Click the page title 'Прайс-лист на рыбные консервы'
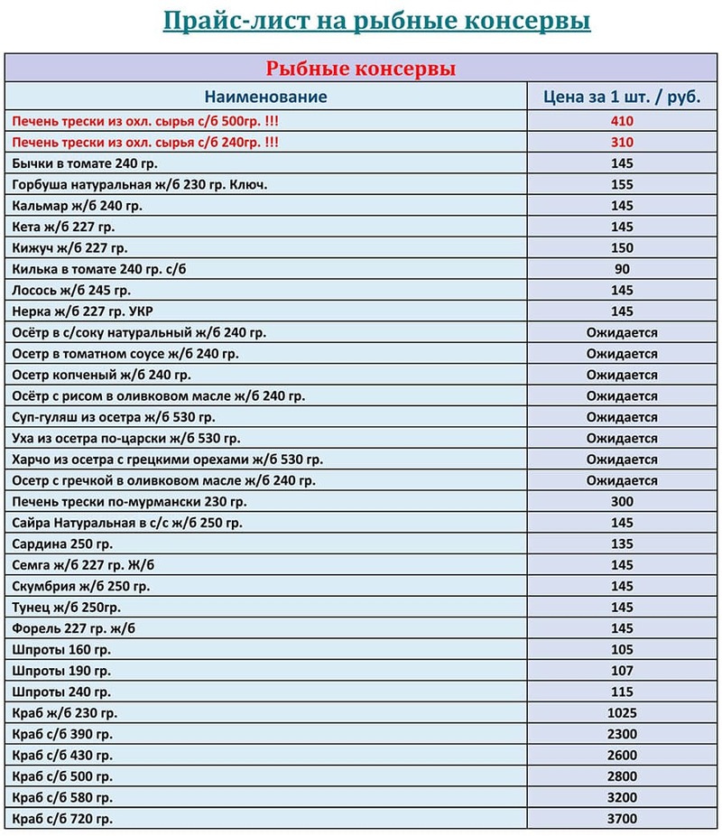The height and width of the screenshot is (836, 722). click(376, 20)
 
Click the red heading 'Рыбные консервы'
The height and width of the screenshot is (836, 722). click(360, 69)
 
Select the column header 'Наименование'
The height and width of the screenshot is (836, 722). click(265, 97)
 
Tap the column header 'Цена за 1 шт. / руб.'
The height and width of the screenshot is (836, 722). click(622, 97)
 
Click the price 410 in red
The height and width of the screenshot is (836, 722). click(622, 121)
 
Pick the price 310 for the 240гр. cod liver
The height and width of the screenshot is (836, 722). click(622, 142)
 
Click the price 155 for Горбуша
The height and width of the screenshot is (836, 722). click(622, 184)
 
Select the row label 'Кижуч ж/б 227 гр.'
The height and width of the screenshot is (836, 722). click(70, 247)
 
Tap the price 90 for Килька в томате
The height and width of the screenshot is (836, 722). click(622, 269)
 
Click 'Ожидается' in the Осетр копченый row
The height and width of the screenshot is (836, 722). click(622, 375)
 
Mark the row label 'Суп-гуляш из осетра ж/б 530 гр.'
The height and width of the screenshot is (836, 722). click(114, 417)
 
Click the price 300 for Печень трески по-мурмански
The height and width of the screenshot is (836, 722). click(622, 501)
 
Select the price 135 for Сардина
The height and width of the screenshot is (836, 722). click(622, 543)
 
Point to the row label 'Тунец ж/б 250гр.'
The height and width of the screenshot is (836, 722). click(67, 607)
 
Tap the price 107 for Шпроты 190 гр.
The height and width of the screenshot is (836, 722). click(622, 671)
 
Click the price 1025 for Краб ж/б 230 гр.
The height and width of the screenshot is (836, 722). click(622, 713)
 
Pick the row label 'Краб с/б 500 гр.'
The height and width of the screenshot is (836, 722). click(62, 776)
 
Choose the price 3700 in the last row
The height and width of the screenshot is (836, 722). click(622, 819)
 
